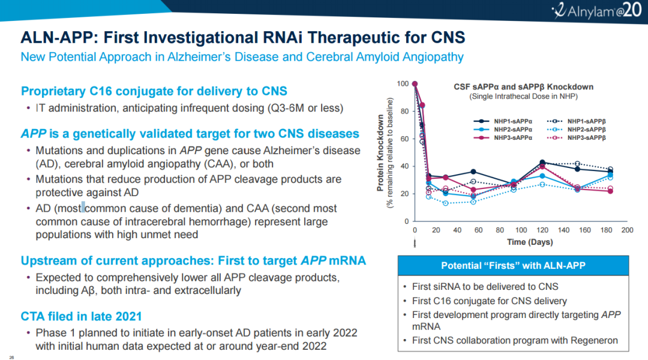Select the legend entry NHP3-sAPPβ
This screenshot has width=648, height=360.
(585, 137)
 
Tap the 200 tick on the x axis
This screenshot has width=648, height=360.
(628, 230)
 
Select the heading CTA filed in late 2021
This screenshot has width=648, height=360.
(81, 316)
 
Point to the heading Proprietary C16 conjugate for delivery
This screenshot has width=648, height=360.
(154, 91)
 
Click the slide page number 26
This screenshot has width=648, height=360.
(11, 356)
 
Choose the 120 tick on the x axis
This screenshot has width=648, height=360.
(542, 230)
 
